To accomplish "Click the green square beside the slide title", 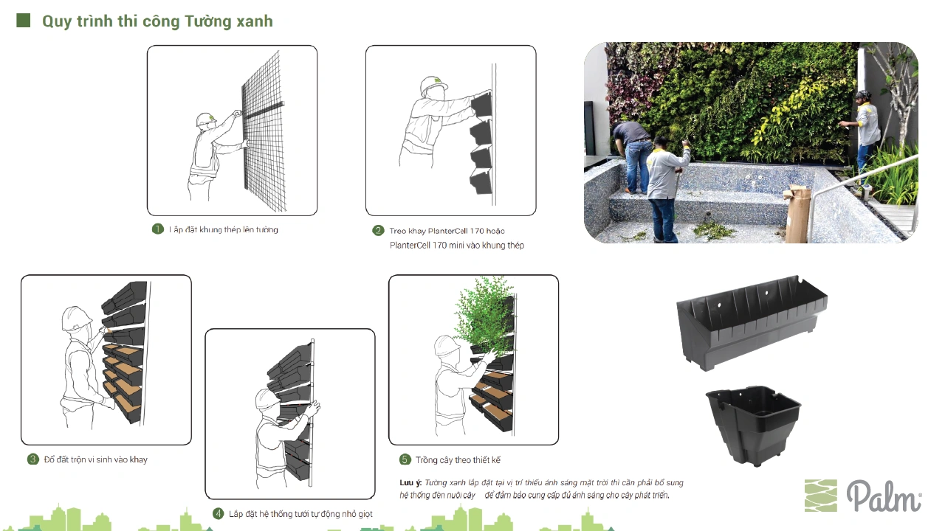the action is [x=23, y=20].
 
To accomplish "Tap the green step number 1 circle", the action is [x=158, y=229].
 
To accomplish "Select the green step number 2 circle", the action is [x=378, y=231].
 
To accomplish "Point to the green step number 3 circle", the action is [x=33, y=459].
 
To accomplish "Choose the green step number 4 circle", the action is [x=218, y=514].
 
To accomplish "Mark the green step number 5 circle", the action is [x=405, y=459].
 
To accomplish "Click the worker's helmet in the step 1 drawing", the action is [x=206, y=119].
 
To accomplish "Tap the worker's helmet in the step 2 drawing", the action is [x=433, y=86].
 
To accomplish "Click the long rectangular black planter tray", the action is [x=752, y=323].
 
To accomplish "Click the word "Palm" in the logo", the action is [x=884, y=496].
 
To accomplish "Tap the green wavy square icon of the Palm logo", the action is [x=820, y=496].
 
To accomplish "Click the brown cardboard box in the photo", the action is [x=797, y=215].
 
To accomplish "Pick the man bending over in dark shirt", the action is [x=632, y=156].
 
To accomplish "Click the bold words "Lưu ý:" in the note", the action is [x=410, y=483].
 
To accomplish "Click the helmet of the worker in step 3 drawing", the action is [x=76, y=318].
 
